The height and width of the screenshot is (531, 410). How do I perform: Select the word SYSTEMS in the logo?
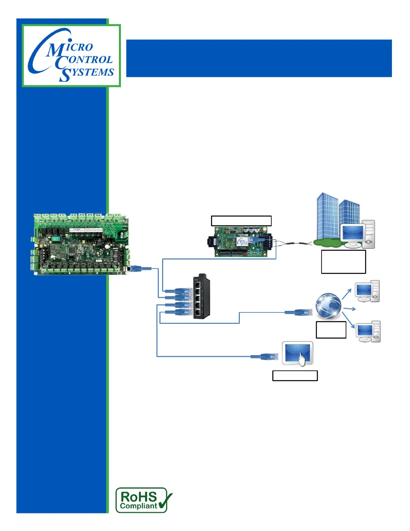coord(87,73)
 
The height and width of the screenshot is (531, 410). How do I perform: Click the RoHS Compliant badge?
coord(142,500)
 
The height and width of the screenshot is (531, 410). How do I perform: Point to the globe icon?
coord(328,305)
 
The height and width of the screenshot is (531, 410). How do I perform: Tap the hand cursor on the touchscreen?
coord(301,359)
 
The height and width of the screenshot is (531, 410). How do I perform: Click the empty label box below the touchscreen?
coord(295,376)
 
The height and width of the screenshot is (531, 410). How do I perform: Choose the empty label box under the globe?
coord(331,330)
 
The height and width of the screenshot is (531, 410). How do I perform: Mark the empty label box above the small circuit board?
coord(241,221)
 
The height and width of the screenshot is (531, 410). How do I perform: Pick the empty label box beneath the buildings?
coord(343,262)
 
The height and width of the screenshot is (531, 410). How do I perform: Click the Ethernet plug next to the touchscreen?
coord(268,356)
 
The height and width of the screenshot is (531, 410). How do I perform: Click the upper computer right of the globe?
coord(367,291)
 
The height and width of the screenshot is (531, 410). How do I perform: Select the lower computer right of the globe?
coord(368,331)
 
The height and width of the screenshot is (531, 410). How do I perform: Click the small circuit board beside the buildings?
coord(240,242)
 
